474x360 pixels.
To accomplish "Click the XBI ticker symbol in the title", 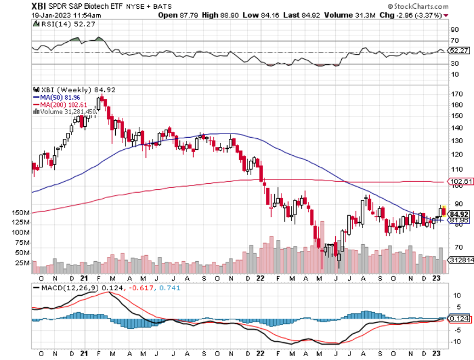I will coord(38,7).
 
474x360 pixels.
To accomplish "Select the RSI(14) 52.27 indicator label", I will coord(56,25).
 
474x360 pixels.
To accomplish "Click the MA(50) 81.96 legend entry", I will coord(56,97).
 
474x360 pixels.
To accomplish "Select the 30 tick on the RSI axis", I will coord(454,64).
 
